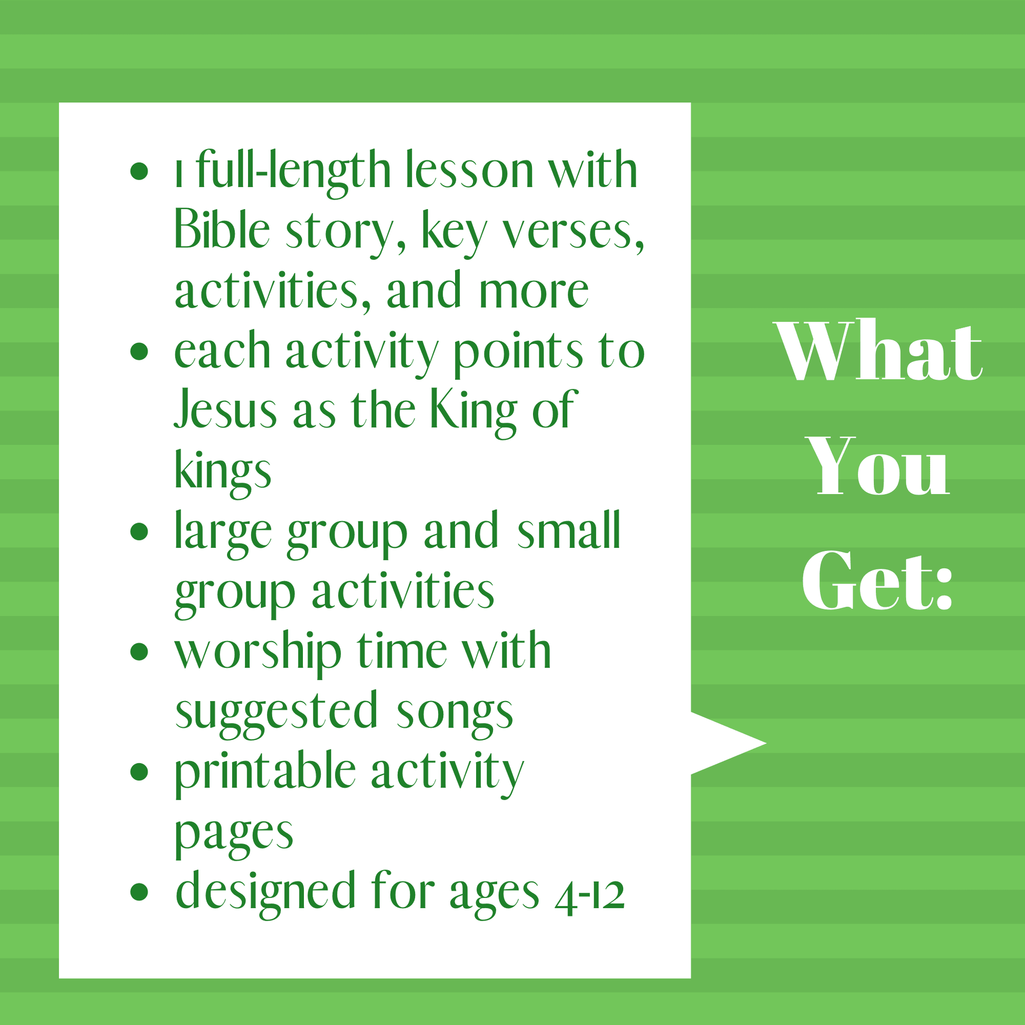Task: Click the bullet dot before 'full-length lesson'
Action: click(x=139, y=171)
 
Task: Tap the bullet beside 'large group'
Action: click(x=139, y=531)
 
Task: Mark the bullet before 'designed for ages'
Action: click(x=139, y=892)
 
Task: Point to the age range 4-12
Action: click(x=589, y=896)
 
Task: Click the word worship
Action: click(x=258, y=654)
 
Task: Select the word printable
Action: click(x=265, y=774)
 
